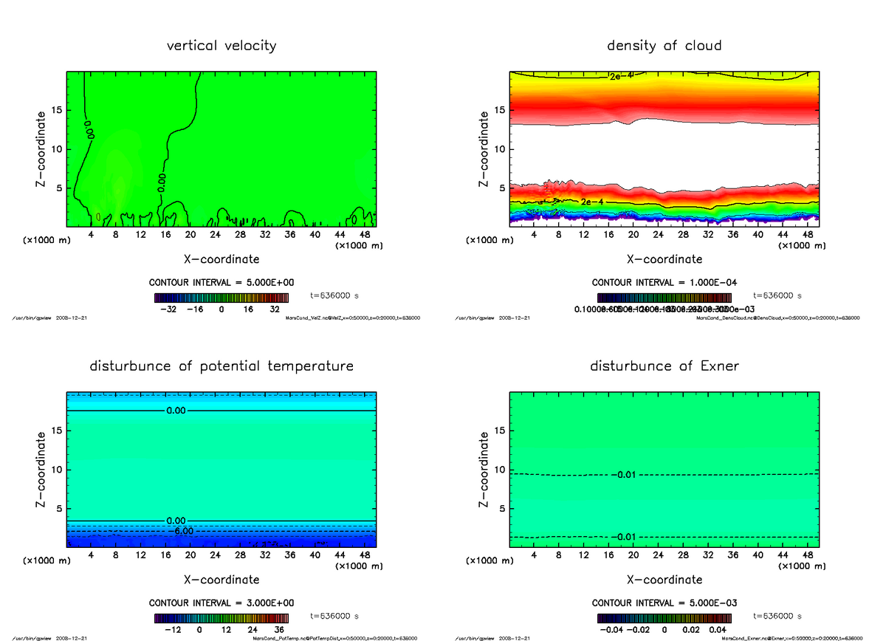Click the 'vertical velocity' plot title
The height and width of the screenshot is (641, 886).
[221, 46]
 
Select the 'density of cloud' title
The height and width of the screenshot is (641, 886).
[664, 46]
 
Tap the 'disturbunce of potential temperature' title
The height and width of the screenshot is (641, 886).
[221, 366]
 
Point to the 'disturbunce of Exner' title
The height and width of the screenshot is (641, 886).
[664, 366]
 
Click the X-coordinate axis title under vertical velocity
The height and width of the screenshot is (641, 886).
[221, 259]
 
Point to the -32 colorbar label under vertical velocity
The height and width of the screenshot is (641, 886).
[170, 310]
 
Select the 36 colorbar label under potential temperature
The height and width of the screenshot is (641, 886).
[279, 630]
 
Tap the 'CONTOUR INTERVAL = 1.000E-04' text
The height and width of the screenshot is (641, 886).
[664, 283]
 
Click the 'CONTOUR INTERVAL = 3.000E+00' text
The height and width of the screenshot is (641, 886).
[221, 603]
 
